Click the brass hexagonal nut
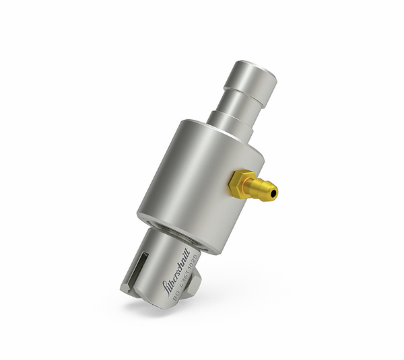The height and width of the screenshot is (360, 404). [242, 183]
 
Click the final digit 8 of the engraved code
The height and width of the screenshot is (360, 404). [201, 257]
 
